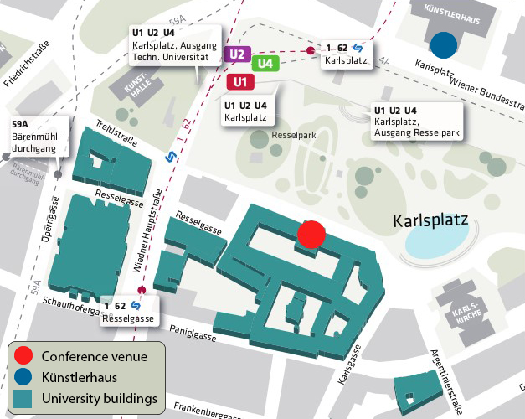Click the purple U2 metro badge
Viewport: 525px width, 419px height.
(237, 54)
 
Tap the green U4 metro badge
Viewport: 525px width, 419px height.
(265, 63)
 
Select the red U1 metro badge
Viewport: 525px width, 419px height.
(240, 81)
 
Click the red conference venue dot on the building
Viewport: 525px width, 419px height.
(311, 234)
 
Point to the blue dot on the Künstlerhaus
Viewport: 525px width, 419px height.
(444, 43)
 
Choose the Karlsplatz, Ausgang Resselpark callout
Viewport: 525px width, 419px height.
(415, 122)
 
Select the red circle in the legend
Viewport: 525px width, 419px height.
(24, 356)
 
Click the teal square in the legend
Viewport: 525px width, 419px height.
(24, 396)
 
